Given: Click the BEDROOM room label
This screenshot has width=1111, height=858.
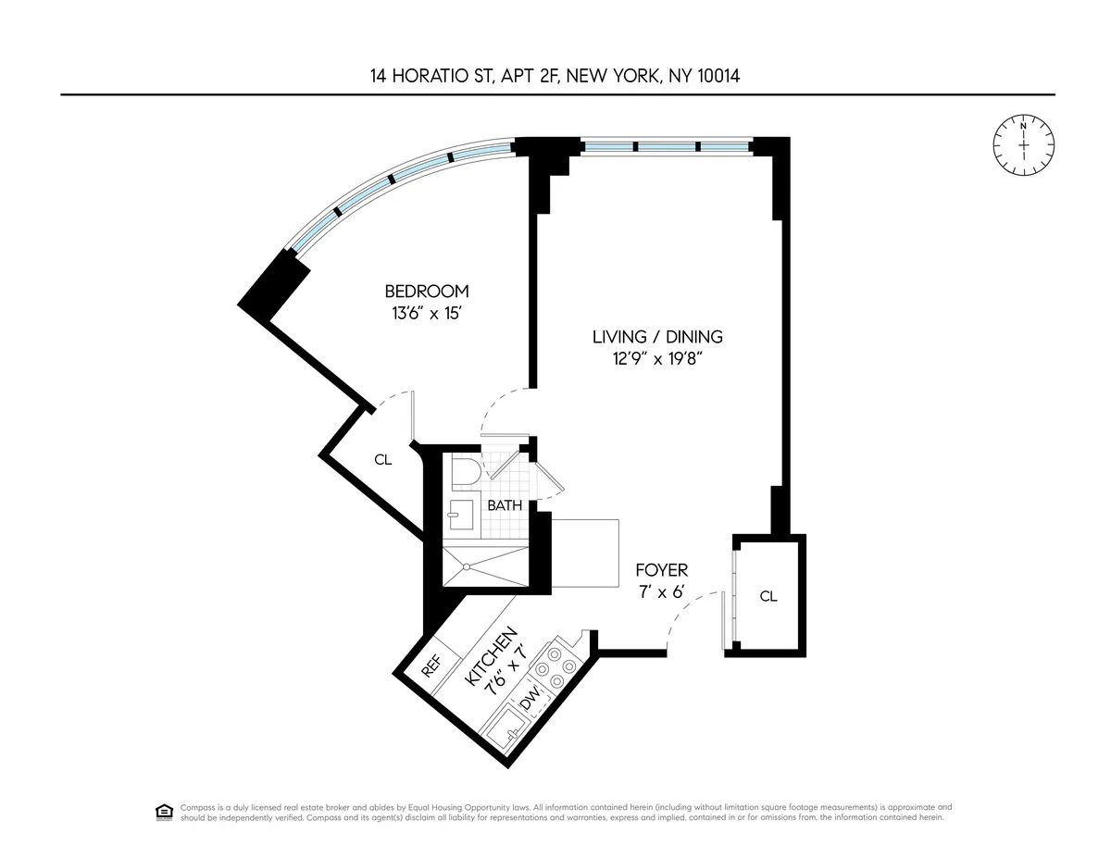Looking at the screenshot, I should pyautogui.click(x=427, y=291).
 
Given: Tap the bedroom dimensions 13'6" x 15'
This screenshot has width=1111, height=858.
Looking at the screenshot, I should pyautogui.click(x=427, y=313).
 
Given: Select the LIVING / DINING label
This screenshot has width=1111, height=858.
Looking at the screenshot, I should pyautogui.click(x=657, y=337).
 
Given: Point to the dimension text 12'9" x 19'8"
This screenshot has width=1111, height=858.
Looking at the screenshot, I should pyautogui.click(x=657, y=359).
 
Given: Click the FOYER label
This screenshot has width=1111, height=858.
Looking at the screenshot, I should pyautogui.click(x=661, y=571).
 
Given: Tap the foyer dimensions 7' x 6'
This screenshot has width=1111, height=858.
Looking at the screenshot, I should pyautogui.click(x=661, y=592).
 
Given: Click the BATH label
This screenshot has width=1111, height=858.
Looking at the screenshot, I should pyautogui.click(x=505, y=505).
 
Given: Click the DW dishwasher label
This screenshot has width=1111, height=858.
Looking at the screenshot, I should pyautogui.click(x=530, y=705).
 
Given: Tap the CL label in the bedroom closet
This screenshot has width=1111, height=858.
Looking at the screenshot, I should pyautogui.click(x=382, y=459).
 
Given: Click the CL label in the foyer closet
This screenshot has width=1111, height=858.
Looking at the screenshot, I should pyautogui.click(x=768, y=597).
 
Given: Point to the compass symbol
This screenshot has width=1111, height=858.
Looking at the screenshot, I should pyautogui.click(x=1023, y=144).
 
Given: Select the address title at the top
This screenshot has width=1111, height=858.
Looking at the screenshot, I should pyautogui.click(x=555, y=76).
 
